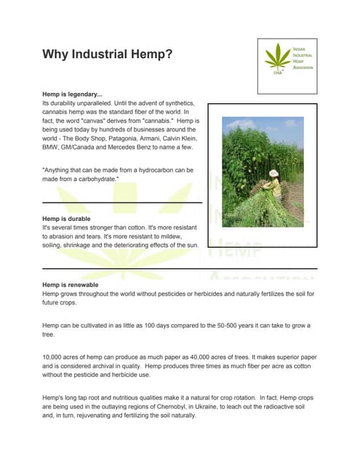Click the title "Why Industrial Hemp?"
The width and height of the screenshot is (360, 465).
107,54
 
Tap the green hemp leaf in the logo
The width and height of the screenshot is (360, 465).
276,57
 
